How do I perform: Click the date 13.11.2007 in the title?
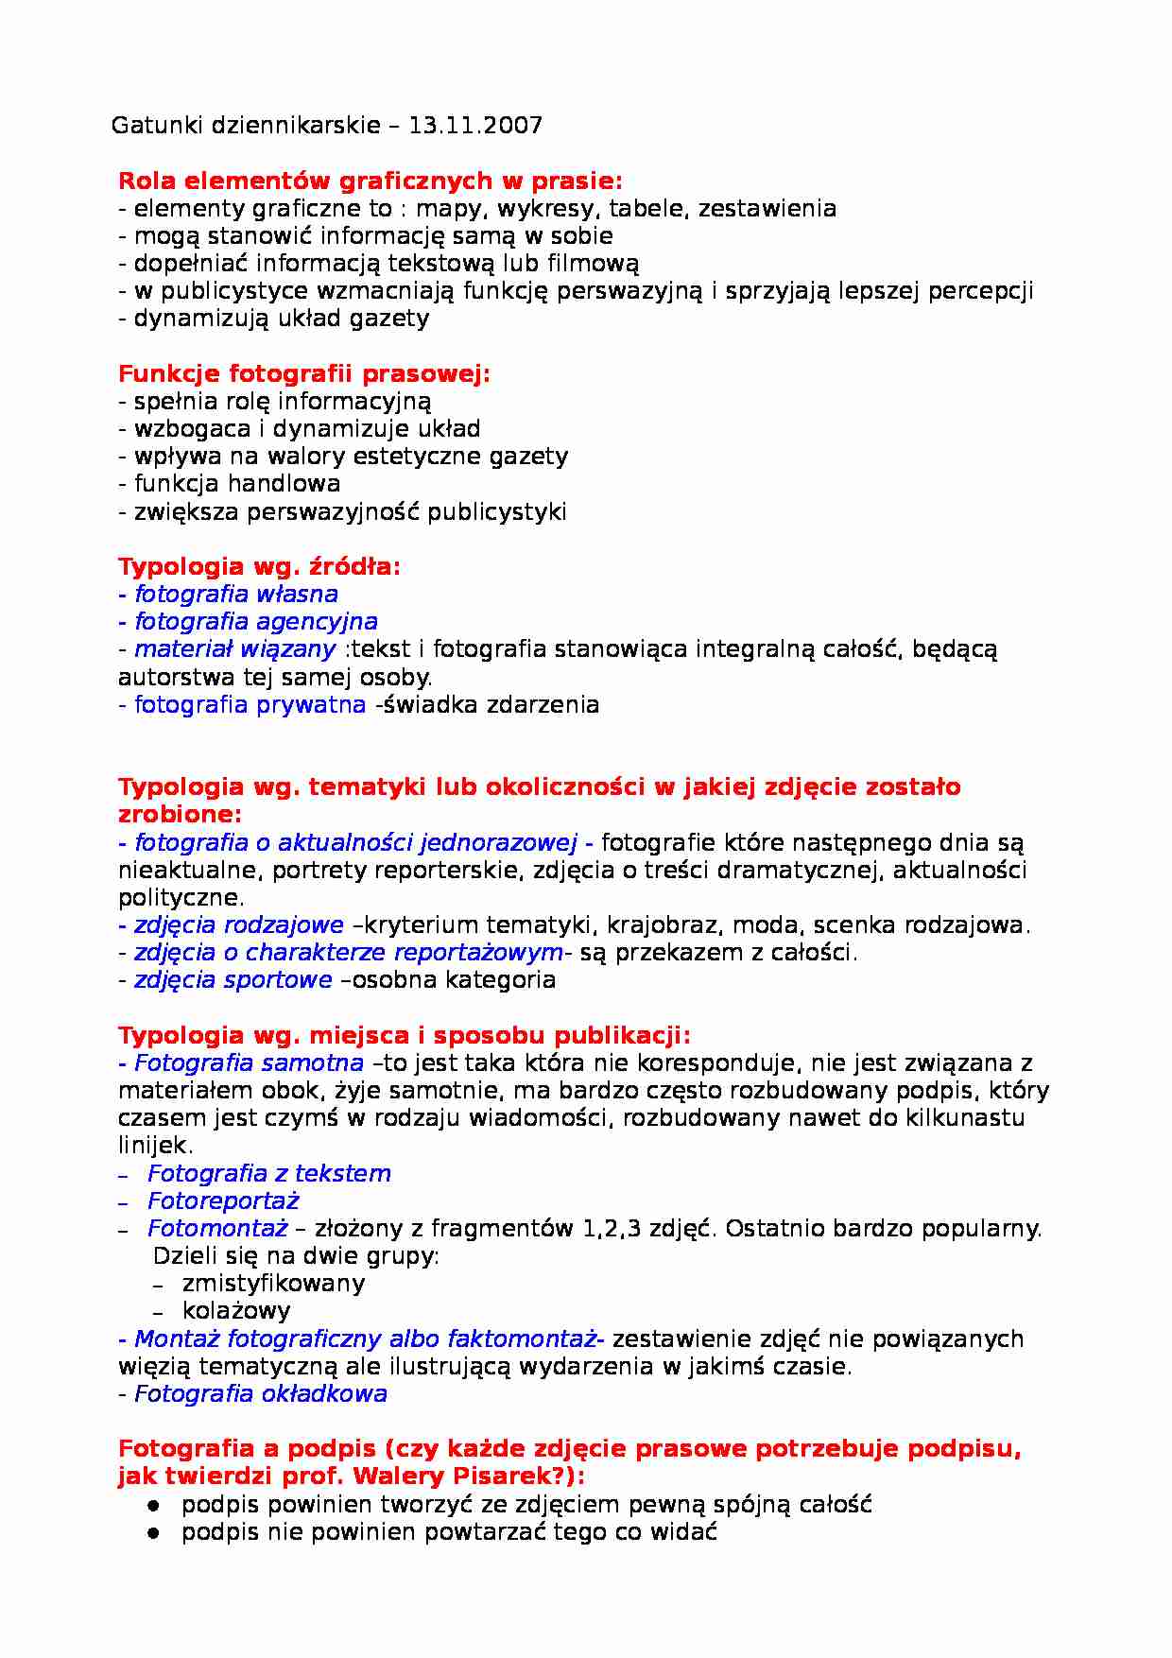[x=475, y=126]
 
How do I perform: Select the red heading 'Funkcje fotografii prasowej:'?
[x=304, y=374]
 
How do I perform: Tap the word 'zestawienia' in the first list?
[x=767, y=209]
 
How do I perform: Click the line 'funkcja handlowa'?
[x=236, y=484]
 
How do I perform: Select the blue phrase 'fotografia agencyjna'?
[x=255, y=622]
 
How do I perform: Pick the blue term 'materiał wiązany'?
[x=234, y=649]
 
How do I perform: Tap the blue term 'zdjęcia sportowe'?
[x=233, y=980]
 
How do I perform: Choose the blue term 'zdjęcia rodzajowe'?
[x=238, y=925]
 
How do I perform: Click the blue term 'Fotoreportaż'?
[x=223, y=1201]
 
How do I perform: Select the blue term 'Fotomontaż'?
[x=217, y=1229]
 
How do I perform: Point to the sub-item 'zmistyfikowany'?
[x=273, y=1284]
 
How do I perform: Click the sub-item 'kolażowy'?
[x=236, y=1311]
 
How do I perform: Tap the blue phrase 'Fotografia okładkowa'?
[x=260, y=1394]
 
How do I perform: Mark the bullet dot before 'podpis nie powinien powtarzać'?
[x=153, y=1532]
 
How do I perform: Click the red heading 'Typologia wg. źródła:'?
[x=259, y=567]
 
